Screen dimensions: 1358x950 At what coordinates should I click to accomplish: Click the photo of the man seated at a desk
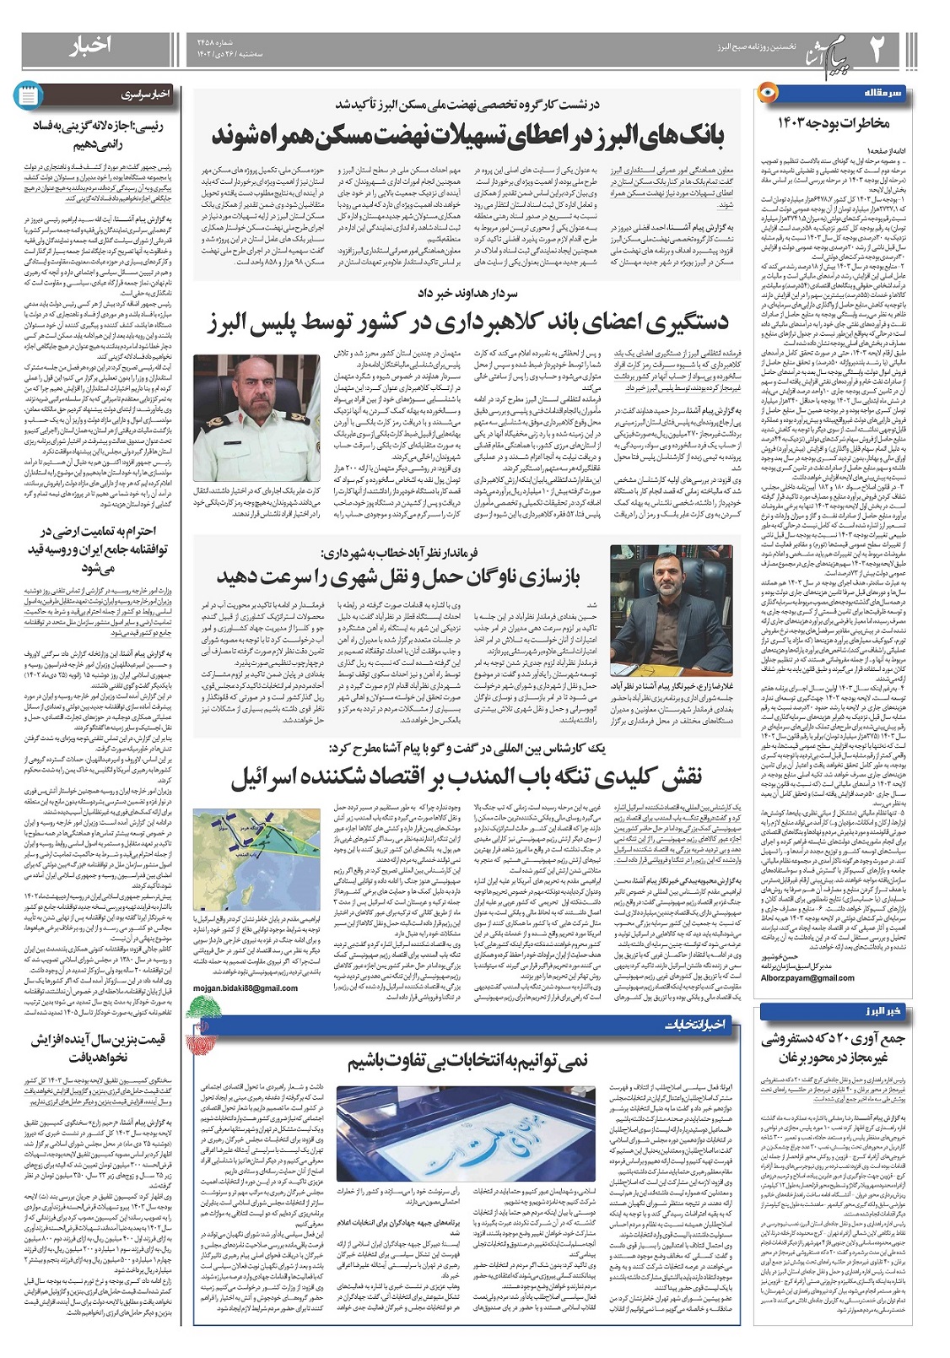point(668,606)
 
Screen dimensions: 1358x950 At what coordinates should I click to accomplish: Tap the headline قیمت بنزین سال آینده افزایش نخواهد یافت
point(98,1048)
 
